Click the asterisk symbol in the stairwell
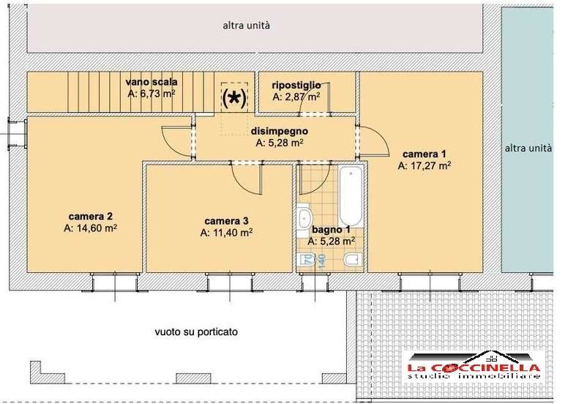point(234,98)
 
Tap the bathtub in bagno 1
point(351,196)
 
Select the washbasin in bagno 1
point(304,217)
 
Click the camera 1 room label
point(425,154)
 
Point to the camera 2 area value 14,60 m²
point(90,228)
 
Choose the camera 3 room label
point(226,221)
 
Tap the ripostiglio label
point(296,85)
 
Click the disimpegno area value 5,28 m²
point(280,143)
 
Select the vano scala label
point(152,81)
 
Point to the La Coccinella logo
point(474,366)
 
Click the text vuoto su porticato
point(196,332)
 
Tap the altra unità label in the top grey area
point(246,26)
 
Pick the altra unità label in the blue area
point(528,148)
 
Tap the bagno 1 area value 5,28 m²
point(331,242)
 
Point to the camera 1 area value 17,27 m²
point(425,166)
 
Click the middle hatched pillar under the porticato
point(193,378)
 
